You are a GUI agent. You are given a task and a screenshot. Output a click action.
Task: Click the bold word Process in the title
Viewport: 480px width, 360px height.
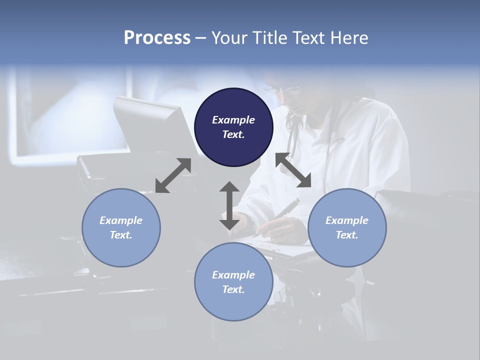coord(157,38)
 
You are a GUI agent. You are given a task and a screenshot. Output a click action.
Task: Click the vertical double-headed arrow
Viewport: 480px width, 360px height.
coord(229,205)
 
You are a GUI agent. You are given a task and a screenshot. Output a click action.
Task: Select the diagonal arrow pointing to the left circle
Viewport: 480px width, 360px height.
coord(173,175)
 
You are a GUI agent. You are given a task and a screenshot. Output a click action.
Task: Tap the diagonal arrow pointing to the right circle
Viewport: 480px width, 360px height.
coord(293,170)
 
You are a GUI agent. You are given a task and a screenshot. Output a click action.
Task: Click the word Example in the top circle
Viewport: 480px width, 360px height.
coord(233,120)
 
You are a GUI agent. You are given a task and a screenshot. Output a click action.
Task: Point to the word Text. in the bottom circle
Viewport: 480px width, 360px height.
coord(233,289)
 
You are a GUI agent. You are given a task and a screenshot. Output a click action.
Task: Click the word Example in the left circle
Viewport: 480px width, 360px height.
coord(121,220)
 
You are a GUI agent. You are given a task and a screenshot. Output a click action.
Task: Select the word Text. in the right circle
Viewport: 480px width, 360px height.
coord(347,235)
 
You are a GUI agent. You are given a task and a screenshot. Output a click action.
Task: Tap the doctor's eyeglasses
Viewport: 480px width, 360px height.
coord(280,90)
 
